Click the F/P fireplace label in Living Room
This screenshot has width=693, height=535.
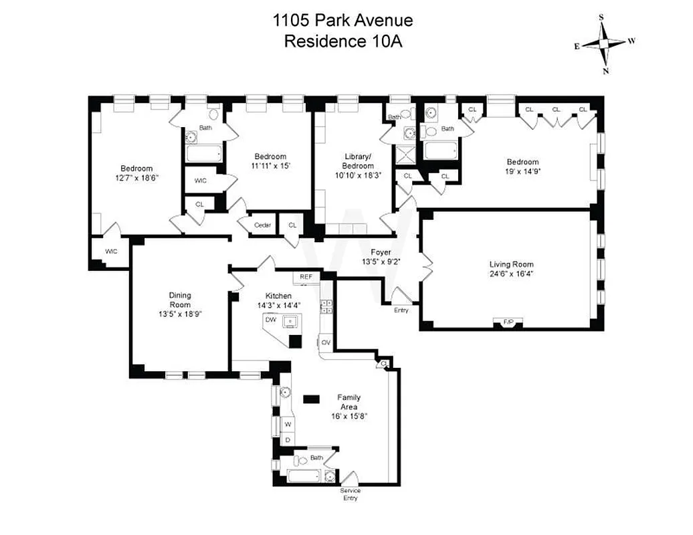[x=508, y=323]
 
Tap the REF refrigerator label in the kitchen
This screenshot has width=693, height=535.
[x=306, y=276]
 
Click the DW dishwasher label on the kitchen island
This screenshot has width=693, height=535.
[x=271, y=320]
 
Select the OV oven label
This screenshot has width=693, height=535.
[x=326, y=342]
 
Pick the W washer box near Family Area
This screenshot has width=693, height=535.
[x=288, y=425]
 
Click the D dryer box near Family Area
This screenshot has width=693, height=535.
[x=288, y=439]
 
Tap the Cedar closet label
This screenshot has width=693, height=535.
[x=262, y=225]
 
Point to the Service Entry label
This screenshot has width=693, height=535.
[x=350, y=494]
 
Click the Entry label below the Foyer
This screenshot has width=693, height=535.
[x=401, y=310]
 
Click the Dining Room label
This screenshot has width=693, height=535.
[x=179, y=300]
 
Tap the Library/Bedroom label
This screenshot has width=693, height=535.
[x=358, y=161]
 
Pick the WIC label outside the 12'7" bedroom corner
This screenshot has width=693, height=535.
[x=111, y=251]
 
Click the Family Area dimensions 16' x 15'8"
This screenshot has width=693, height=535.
[x=348, y=416]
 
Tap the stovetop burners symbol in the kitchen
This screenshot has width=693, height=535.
[x=328, y=306]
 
